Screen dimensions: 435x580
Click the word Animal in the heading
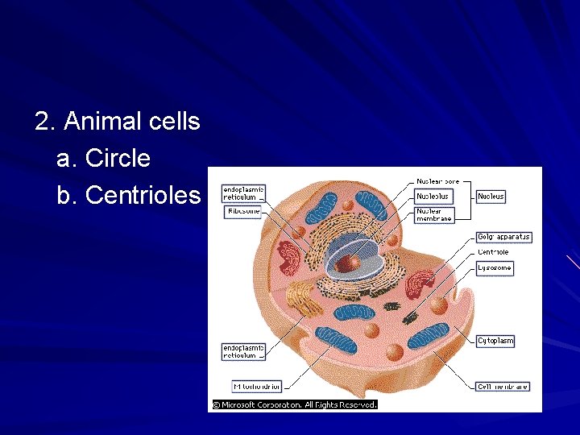[x=103, y=122]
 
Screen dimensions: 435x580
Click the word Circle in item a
[x=117, y=158]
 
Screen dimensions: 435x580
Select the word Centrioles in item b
[x=142, y=195]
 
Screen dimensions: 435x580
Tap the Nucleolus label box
[x=433, y=196]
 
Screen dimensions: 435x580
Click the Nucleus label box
[x=491, y=196]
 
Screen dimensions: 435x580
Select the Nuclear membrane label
[x=434, y=214]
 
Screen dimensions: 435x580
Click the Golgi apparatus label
[x=503, y=237]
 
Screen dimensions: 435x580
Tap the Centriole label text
[x=493, y=252]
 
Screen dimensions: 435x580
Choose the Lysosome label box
[x=494, y=267]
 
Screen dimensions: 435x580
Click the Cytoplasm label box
[x=495, y=341]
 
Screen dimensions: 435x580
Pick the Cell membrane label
[x=503, y=387]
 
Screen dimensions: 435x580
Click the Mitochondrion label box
[x=256, y=387]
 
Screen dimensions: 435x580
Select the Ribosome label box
[x=242, y=212]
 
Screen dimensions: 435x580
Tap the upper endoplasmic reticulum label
[x=243, y=193]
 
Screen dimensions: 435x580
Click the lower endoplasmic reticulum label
[x=243, y=351]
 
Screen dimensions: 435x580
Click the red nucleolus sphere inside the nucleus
[x=348, y=263]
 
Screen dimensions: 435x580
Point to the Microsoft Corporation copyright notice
[x=294, y=404]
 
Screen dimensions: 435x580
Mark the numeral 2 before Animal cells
[x=43, y=122]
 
